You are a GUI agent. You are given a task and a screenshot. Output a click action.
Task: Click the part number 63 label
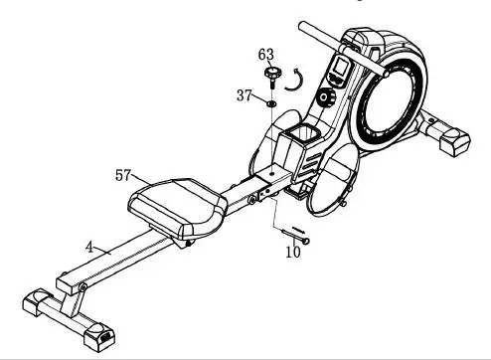pyautogui.click(x=266, y=53)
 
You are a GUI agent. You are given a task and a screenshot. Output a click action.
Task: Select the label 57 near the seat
pyautogui.click(x=123, y=176)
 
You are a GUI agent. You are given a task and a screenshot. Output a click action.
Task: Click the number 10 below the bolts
pyautogui.click(x=293, y=253)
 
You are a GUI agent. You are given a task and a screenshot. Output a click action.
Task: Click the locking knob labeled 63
pyautogui.click(x=271, y=76)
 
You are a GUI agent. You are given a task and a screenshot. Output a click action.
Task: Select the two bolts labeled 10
pyautogui.click(x=295, y=236)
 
